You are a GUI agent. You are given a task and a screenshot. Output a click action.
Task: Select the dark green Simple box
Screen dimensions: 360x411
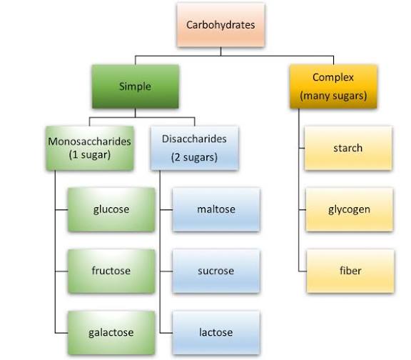(134, 86)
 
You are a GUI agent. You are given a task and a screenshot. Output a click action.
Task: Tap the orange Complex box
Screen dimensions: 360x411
(334, 86)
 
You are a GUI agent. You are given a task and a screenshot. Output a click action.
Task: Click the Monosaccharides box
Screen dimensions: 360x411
(89, 148)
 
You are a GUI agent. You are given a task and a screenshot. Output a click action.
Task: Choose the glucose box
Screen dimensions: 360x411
(111, 209)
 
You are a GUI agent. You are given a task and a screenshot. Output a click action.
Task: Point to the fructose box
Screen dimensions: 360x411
(111, 271)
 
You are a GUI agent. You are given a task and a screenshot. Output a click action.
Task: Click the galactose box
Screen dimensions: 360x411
(111, 332)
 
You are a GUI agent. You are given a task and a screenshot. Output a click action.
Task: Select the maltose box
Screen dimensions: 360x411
(215, 209)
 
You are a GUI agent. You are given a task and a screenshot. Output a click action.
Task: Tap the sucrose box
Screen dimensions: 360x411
(215, 271)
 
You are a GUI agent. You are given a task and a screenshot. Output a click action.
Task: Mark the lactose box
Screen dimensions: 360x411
(215, 332)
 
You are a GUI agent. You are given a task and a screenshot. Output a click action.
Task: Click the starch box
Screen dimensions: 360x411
(347, 148)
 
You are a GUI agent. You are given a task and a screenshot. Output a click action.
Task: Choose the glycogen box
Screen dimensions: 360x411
(347, 209)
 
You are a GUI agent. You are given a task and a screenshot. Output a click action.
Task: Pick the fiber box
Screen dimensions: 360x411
(347, 271)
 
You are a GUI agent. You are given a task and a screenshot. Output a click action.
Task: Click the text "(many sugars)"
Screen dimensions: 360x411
(334, 96)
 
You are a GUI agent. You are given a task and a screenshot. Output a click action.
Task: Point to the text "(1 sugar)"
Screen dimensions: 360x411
(89, 155)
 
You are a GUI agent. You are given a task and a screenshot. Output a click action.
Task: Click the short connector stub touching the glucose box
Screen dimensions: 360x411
(61, 209)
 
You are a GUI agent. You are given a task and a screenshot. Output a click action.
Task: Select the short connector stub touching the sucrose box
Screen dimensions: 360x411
(166, 271)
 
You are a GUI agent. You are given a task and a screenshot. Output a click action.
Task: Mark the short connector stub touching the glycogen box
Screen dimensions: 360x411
(301, 209)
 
